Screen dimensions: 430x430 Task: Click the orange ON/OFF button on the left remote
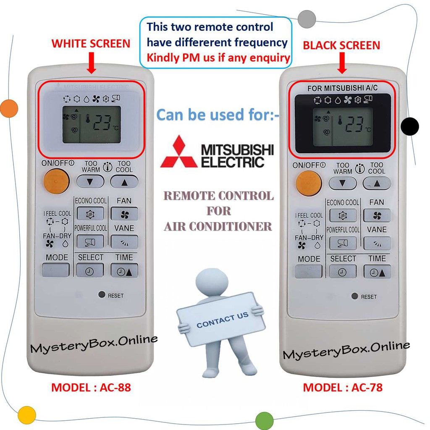click(x=56, y=181)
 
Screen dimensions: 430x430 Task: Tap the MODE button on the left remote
click(x=55, y=270)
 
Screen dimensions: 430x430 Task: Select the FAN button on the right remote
click(x=377, y=215)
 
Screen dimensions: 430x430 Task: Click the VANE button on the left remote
click(x=124, y=241)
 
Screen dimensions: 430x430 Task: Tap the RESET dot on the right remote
click(x=354, y=296)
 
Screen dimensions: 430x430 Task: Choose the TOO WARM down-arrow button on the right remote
click(x=342, y=183)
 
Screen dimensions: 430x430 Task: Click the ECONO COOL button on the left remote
click(x=90, y=214)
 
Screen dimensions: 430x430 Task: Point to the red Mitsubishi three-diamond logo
click(x=178, y=152)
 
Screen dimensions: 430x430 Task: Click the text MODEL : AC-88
click(x=91, y=387)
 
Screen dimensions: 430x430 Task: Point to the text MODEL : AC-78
click(x=343, y=387)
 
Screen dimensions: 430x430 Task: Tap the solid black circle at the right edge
click(x=410, y=126)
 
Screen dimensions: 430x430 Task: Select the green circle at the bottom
click(x=265, y=420)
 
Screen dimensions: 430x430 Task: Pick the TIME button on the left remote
click(x=124, y=271)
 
